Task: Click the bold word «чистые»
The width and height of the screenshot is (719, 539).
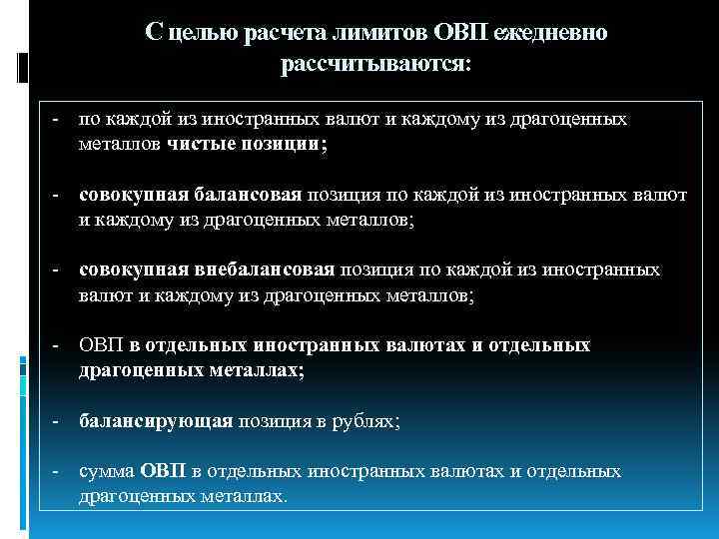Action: [209, 144]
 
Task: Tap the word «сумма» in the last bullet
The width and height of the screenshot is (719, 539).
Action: [106, 471]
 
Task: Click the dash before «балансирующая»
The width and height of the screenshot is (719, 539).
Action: [58, 421]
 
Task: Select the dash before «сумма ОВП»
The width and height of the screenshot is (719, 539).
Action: [58, 471]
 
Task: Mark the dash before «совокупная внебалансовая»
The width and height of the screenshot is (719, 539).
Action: [58, 269]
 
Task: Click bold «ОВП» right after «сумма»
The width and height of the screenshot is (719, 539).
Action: [160, 471]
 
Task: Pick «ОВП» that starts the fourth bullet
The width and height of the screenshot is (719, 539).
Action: [101, 345]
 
